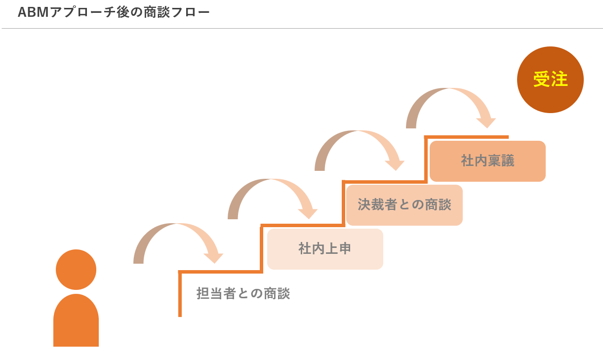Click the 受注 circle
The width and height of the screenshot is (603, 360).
(x=550, y=80)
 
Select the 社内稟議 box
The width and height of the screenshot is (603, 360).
(x=487, y=161)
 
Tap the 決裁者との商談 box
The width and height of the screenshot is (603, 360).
(x=404, y=205)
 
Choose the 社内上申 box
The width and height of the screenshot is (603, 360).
(x=325, y=249)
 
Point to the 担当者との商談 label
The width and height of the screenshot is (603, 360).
(x=243, y=294)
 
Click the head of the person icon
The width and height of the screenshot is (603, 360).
(x=76, y=270)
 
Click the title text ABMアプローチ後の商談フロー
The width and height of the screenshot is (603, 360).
(x=114, y=12)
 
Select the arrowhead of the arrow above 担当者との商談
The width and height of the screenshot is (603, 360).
(x=213, y=257)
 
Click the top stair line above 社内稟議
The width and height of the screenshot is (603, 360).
(x=467, y=137)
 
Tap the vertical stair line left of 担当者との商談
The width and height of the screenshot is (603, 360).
(x=180, y=294)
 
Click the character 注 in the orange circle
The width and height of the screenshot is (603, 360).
(x=560, y=80)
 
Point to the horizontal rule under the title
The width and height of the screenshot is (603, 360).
(x=301, y=29)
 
